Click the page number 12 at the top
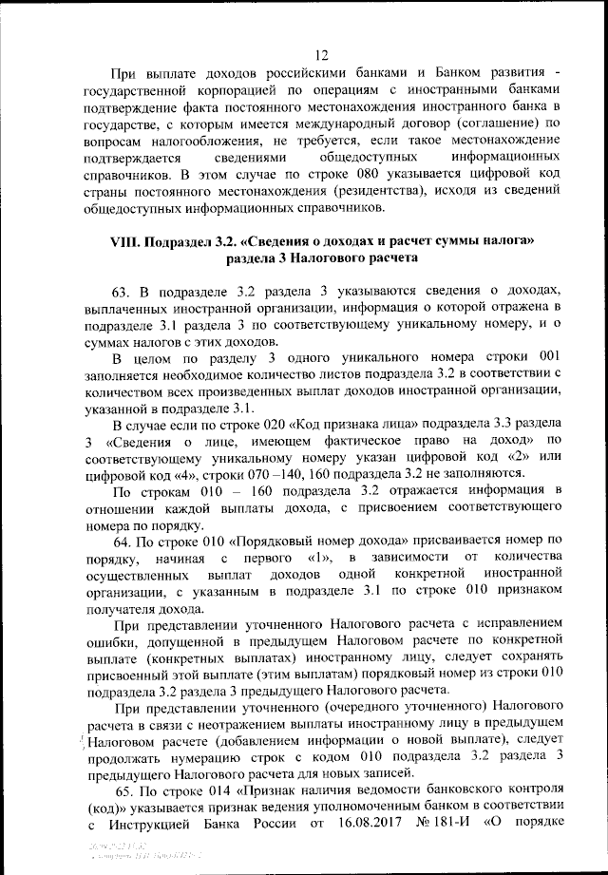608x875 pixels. [x=321, y=54]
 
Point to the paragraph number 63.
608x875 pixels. [x=123, y=289]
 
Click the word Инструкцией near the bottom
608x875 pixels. [x=145, y=825]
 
